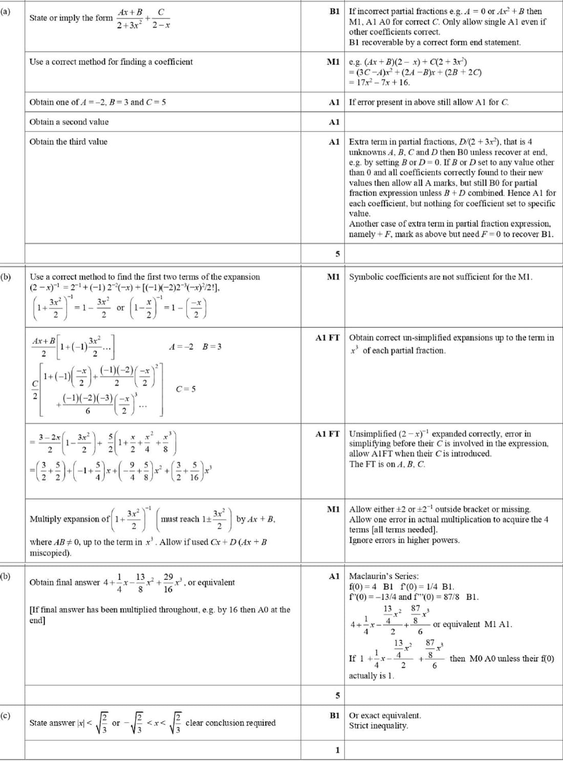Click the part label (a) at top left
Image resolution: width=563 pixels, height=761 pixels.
click(6, 10)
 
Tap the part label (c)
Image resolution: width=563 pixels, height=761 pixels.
click(6, 715)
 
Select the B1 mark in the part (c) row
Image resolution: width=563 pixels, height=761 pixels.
click(335, 715)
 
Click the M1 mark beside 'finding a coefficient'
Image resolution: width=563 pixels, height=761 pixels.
click(333, 62)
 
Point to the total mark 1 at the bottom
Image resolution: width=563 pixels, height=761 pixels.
click(337, 750)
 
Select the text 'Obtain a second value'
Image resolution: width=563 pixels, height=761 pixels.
click(69, 122)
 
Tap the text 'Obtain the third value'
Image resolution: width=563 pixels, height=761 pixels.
click(69, 142)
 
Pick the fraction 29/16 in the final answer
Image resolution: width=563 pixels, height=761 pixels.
click(168, 583)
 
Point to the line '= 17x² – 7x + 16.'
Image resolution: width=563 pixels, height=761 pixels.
click(379, 82)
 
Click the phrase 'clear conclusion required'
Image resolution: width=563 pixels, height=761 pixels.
click(230, 723)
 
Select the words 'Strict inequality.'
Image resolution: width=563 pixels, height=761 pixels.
click(378, 726)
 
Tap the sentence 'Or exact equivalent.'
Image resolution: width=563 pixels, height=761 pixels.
click(385, 715)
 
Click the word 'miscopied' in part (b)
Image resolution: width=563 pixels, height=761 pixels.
click(49, 553)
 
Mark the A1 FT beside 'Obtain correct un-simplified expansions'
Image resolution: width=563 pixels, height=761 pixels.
click(328, 338)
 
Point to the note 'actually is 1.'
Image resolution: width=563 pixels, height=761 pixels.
click(372, 676)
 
